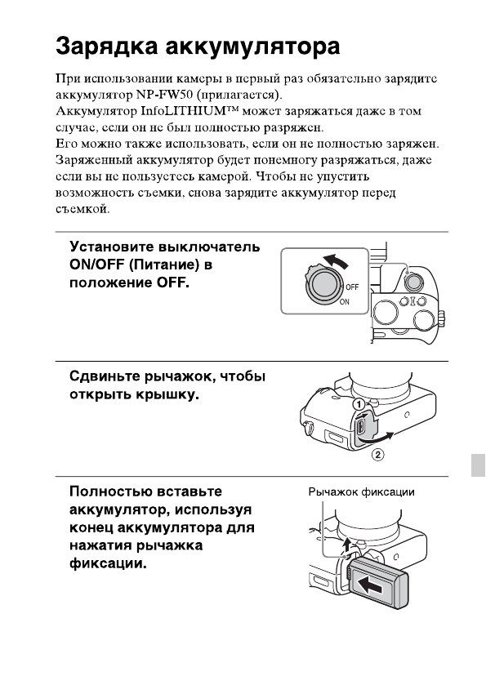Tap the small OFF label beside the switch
(352, 287)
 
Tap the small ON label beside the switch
(345, 301)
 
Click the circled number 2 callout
(377, 456)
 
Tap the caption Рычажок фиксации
(361, 492)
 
